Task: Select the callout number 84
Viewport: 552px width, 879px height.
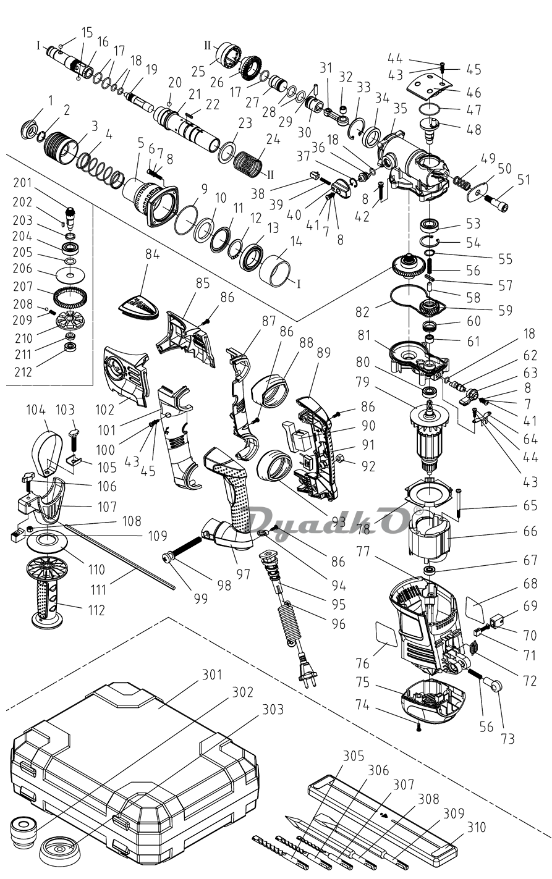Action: pos(152,254)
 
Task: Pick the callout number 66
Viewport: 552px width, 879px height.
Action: pos(529,531)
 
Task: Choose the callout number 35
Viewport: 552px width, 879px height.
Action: pos(400,109)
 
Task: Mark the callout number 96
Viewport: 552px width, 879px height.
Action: pos(338,625)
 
